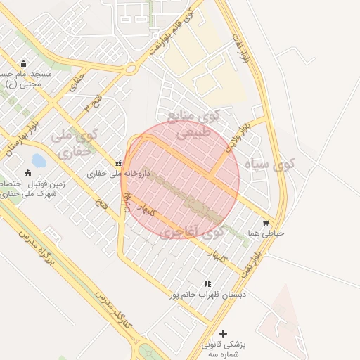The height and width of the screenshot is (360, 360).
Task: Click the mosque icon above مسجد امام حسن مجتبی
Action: click(23, 64)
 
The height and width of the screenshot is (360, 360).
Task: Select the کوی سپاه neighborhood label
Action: click(270, 165)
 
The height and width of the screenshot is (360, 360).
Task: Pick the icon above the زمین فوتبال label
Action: click(28, 174)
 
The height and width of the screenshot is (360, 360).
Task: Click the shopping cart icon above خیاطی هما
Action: click(266, 223)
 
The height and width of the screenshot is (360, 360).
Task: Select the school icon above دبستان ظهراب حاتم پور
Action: click(207, 283)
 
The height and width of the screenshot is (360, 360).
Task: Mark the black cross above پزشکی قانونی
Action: click(224, 333)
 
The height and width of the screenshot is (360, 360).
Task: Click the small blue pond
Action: click(39, 161)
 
